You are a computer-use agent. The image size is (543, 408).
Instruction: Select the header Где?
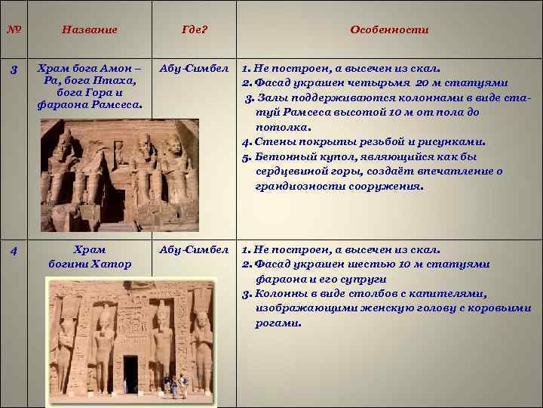point(195,30)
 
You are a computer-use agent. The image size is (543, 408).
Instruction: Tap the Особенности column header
point(389,30)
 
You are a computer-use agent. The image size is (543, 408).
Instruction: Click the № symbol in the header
point(14,29)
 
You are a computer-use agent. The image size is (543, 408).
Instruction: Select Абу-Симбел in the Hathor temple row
point(194,250)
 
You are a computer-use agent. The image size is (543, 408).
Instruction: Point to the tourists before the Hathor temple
point(176,385)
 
